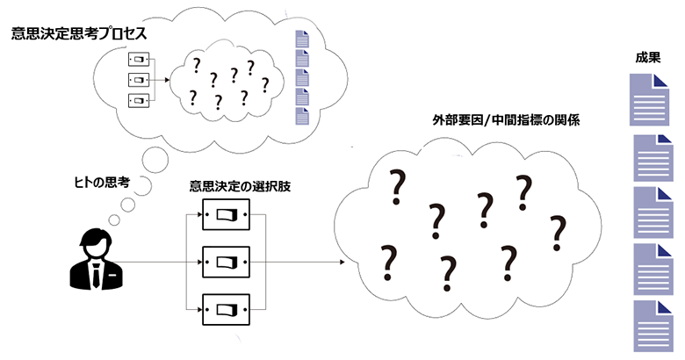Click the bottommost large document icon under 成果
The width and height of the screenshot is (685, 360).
(x=649, y=326)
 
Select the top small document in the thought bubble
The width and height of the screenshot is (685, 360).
(x=301, y=40)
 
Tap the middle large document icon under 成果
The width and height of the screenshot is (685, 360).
(x=649, y=212)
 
